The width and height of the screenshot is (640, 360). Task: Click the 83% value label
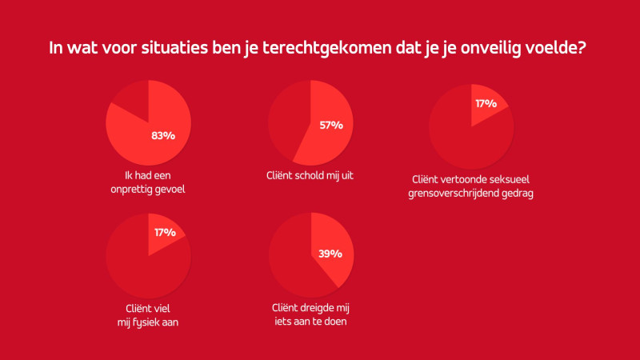pyautogui.click(x=162, y=135)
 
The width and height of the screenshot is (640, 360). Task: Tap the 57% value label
pyautogui.click(x=330, y=125)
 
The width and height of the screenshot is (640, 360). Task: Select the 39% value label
pyautogui.click(x=330, y=254)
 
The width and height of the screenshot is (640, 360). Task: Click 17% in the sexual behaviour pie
pyautogui.click(x=486, y=103)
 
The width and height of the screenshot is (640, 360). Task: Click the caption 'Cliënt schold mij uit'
pyautogui.click(x=310, y=174)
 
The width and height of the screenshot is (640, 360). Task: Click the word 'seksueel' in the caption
pyautogui.click(x=509, y=180)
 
